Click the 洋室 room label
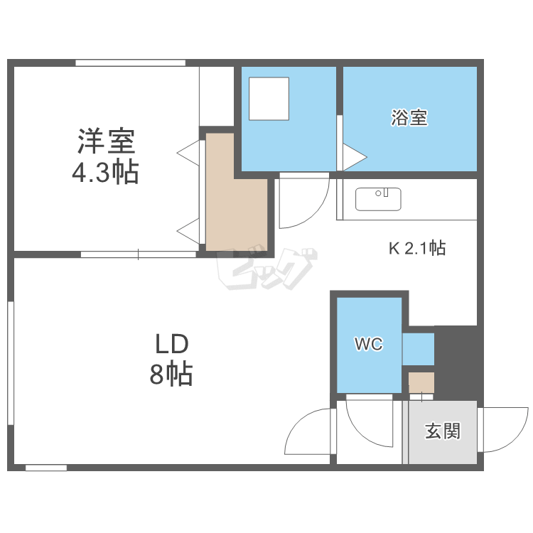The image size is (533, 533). click(x=107, y=141)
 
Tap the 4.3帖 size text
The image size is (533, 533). click(x=105, y=172)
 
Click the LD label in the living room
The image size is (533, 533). click(x=172, y=344)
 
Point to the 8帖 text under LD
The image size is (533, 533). click(x=171, y=374)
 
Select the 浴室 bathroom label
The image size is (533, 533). click(x=409, y=117)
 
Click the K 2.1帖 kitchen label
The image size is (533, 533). click(x=417, y=248)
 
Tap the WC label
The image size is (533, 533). click(x=369, y=344)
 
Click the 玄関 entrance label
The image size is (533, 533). click(x=443, y=431)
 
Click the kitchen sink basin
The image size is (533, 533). click(x=378, y=199)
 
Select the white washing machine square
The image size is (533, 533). click(x=269, y=99)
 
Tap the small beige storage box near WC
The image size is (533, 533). click(x=421, y=383)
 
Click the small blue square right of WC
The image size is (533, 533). click(x=419, y=350)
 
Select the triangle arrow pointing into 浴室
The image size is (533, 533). click(x=355, y=157)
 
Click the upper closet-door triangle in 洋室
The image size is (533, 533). click(x=188, y=153)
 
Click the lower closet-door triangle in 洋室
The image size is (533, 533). click(x=188, y=231)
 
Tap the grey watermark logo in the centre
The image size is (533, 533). click(x=266, y=269)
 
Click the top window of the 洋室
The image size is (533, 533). click(x=130, y=63)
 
